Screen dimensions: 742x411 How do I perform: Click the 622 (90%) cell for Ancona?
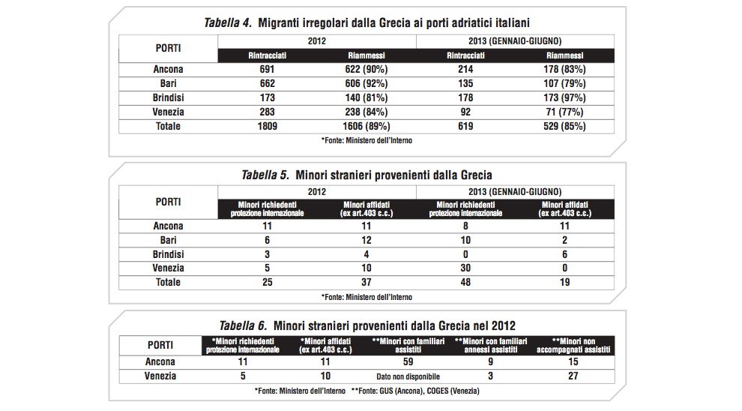click(367, 69)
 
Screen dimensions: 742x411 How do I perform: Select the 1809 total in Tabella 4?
click(268, 126)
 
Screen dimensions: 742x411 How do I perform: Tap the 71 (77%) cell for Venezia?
click(564, 112)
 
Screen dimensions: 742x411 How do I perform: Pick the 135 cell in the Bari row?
click(465, 83)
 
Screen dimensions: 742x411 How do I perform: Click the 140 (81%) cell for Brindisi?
click(367, 97)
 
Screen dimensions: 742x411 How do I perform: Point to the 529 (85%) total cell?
click(564, 126)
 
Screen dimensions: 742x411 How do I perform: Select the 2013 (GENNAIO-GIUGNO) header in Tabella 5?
click(515, 192)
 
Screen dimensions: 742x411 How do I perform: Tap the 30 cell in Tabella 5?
click(465, 268)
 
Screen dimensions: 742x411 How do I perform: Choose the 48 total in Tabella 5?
click(465, 282)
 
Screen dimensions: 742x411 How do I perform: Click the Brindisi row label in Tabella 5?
click(168, 254)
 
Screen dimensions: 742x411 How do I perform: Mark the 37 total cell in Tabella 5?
click(367, 282)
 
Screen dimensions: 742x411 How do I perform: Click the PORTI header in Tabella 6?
click(160, 345)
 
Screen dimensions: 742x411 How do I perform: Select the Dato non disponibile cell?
click(408, 376)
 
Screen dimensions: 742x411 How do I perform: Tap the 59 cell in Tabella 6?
click(408, 361)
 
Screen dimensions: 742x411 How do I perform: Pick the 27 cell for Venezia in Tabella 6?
click(573, 376)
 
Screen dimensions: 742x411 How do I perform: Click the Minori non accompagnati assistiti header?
click(573, 346)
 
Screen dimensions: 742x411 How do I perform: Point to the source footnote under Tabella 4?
click(367, 140)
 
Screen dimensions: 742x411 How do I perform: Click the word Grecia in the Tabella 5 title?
click(476, 175)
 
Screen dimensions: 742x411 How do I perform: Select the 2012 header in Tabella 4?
click(316, 41)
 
